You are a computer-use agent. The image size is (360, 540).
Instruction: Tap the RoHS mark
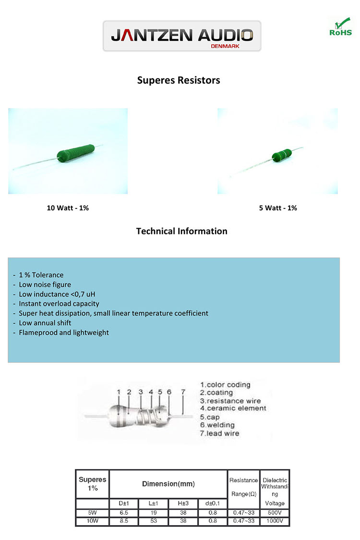[340, 28]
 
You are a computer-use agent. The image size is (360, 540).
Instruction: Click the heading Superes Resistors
[179, 80]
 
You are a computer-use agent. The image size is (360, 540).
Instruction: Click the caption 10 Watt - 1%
[68, 208]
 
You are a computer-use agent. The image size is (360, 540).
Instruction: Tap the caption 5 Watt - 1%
[277, 208]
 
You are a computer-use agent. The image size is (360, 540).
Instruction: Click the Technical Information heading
[181, 231]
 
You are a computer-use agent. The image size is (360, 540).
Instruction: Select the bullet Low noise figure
[45, 284]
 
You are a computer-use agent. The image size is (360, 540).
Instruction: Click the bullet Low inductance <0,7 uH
[60, 294]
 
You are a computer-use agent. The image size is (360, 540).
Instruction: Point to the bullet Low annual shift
[45, 323]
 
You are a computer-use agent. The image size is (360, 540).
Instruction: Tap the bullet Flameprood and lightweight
[63, 332]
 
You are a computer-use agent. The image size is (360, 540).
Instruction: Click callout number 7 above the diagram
[183, 392]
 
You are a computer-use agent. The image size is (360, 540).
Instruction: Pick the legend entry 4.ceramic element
[233, 408]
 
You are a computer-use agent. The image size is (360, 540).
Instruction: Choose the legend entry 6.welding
[217, 425]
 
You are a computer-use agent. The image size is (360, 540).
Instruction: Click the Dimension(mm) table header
[168, 484]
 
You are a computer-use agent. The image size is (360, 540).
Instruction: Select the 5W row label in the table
[92, 513]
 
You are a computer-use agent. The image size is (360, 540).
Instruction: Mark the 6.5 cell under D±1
[124, 513]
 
